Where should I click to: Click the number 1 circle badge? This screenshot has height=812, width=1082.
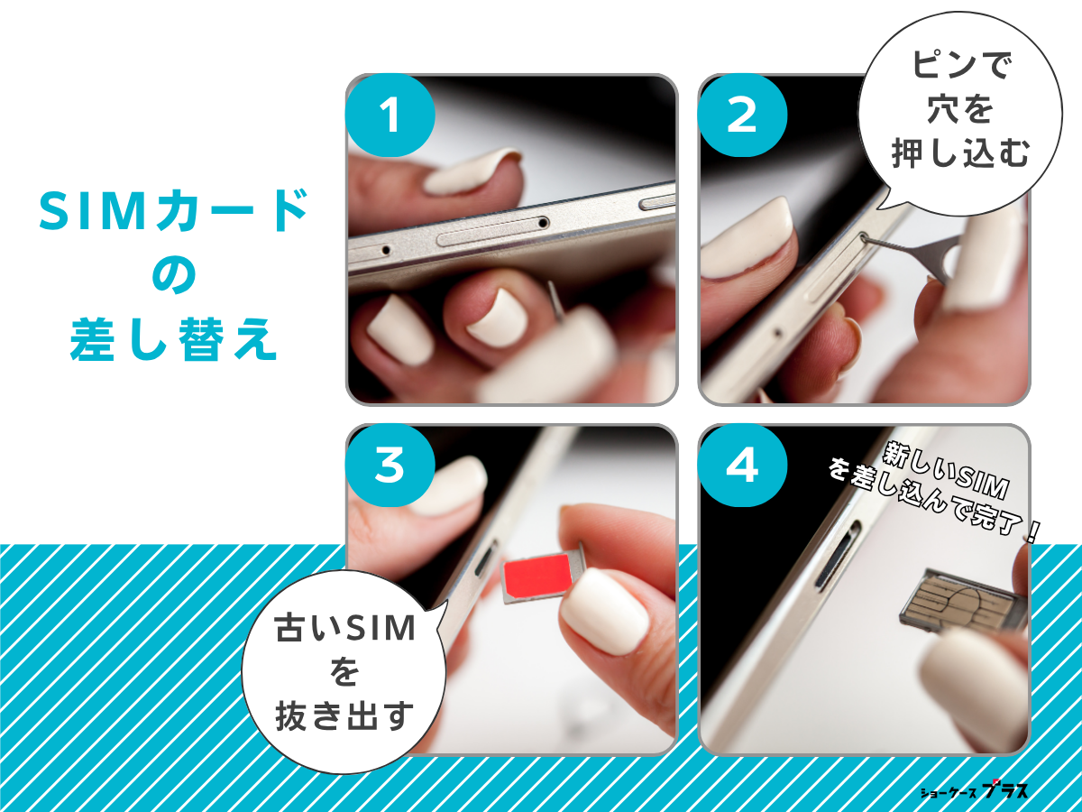coord(390,117)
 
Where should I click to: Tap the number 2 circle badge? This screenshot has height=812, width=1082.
coord(742,117)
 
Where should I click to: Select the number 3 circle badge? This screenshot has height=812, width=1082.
coord(390,466)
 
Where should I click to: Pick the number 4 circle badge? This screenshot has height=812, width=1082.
coord(742,466)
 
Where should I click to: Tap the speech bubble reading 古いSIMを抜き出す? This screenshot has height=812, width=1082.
coord(343,672)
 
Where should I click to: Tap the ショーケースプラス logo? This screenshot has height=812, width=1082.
coord(974,791)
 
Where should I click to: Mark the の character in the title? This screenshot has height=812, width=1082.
coord(174,278)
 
